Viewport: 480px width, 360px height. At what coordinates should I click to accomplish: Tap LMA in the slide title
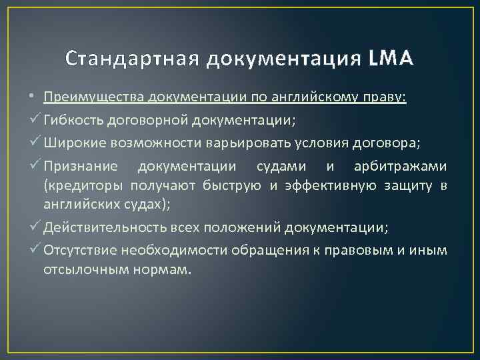391,59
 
